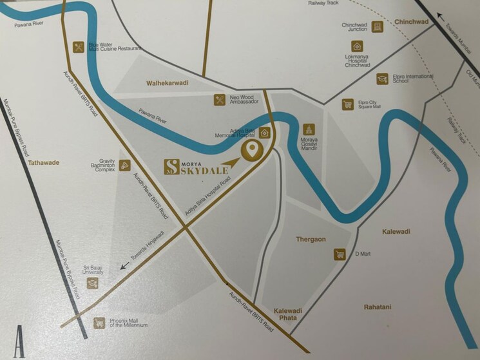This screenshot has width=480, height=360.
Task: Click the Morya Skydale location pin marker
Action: click(x=251, y=150)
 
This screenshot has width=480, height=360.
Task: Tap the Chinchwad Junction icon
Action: click(x=378, y=26)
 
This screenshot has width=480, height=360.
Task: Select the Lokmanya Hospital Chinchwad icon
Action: click(x=356, y=46)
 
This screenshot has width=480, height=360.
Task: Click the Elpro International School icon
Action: click(x=382, y=79)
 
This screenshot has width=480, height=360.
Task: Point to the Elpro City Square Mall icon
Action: click(x=348, y=104)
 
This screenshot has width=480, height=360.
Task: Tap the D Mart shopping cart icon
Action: click(x=340, y=254)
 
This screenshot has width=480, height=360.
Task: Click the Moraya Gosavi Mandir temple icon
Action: click(x=308, y=129)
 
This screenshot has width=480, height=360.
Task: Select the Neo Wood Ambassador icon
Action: click(x=220, y=99)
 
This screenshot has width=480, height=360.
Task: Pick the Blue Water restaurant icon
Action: click(x=79, y=46)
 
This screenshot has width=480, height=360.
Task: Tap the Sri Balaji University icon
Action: click(x=92, y=283)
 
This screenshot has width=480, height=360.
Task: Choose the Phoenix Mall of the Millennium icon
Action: click(x=99, y=323)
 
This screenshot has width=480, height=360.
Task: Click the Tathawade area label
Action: click(x=44, y=163)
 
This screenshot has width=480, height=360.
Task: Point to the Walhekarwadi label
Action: click(x=167, y=83)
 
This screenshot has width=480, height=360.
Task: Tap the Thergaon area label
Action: click(x=311, y=239)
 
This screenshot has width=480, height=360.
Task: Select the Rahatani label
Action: click(x=377, y=307)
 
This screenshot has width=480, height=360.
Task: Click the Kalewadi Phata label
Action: click(x=288, y=314)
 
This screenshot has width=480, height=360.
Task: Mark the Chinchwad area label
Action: click(x=412, y=22)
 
